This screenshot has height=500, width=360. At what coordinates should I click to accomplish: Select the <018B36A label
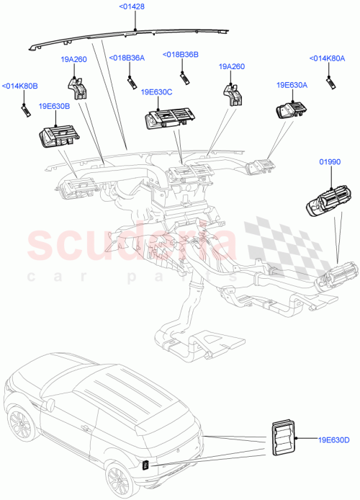click(127, 58)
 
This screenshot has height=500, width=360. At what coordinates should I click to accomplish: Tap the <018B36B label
click(181, 54)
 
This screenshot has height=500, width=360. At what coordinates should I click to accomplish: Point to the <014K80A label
click(328, 58)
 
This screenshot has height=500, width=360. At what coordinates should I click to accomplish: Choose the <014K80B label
click(19, 86)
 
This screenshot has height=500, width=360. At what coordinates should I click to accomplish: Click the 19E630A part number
click(292, 85)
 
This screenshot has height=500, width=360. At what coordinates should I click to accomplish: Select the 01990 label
click(329, 163)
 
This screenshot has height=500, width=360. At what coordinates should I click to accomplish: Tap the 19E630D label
click(333, 439)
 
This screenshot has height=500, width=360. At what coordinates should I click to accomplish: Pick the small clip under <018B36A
click(132, 80)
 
